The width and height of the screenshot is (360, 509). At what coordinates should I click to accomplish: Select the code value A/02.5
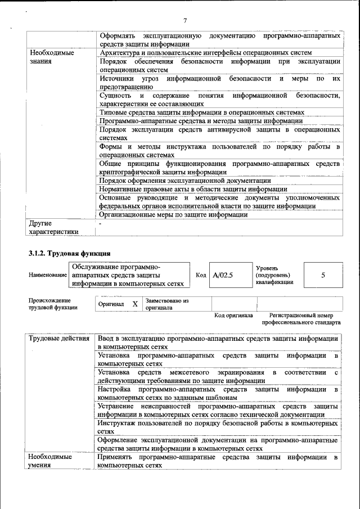click(223, 276)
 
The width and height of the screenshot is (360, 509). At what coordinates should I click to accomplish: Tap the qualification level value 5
click(323, 276)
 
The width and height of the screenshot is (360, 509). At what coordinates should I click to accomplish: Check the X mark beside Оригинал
click(134, 304)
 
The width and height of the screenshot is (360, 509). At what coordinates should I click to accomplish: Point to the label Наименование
click(48, 276)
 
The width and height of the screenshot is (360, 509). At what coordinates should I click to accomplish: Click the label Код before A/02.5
click(201, 276)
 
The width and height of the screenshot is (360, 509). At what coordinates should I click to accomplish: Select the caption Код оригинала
click(233, 316)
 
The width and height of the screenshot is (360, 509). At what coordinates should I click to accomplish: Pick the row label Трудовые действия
click(59, 339)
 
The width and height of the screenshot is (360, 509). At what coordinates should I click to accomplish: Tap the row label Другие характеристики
click(54, 227)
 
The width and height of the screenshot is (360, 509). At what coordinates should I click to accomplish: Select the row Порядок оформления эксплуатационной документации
click(185, 181)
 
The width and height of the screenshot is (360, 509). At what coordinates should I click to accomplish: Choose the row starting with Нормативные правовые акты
click(193, 189)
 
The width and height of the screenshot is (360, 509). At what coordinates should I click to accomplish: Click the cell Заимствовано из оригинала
click(167, 304)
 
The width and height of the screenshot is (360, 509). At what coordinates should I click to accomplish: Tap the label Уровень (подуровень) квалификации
click(274, 276)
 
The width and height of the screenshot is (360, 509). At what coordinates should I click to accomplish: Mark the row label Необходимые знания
click(52, 56)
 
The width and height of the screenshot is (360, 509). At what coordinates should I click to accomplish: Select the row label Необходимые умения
click(51, 461)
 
